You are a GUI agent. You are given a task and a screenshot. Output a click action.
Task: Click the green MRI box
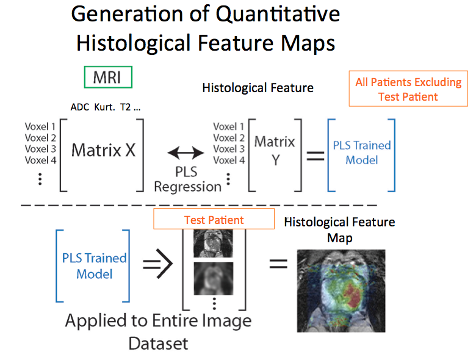(108, 77)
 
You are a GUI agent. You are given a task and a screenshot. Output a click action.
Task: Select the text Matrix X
(103, 150)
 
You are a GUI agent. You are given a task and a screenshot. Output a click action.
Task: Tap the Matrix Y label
(275, 150)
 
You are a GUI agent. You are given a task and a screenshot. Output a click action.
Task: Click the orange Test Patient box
(214, 220)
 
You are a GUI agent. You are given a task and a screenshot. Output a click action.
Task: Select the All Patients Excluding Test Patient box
(408, 89)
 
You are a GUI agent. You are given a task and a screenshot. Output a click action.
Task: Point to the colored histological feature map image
(341, 290)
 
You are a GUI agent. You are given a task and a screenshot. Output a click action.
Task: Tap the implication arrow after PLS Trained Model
(158, 264)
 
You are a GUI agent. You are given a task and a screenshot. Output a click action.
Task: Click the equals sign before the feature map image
(278, 265)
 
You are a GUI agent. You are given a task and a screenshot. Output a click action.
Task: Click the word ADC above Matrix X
(80, 107)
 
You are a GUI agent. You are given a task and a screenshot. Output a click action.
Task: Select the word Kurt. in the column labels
(104, 107)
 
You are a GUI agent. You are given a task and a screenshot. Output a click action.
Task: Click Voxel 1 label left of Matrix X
(40, 127)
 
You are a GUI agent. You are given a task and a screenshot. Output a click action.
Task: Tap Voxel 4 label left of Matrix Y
(229, 160)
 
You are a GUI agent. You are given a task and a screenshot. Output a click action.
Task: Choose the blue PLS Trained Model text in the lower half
(94, 265)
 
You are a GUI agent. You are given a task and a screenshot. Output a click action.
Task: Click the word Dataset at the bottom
(158, 343)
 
